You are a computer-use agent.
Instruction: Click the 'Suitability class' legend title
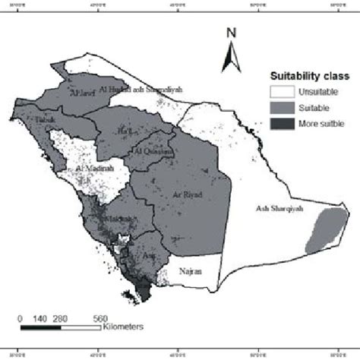coord(311,77)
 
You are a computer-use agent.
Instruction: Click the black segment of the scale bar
coord(40,328)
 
